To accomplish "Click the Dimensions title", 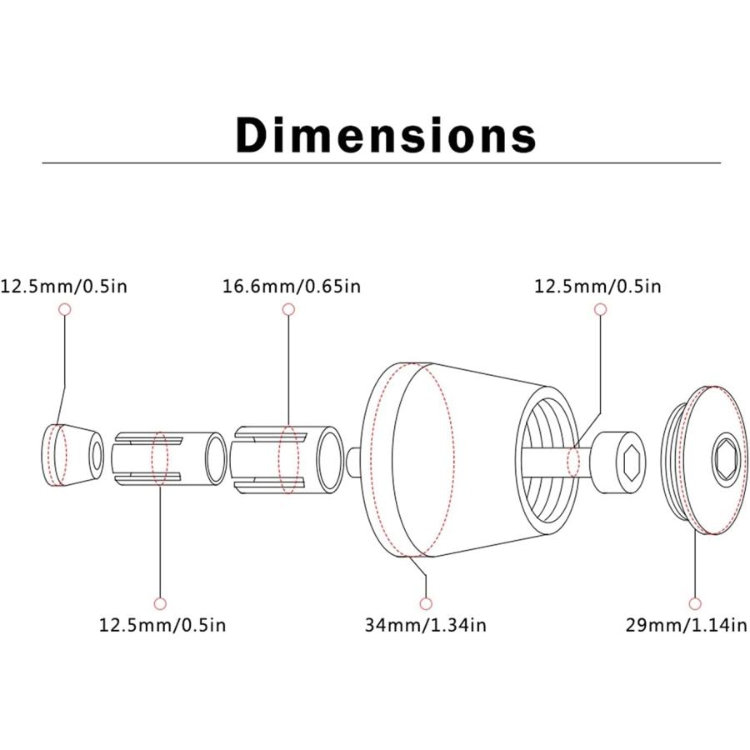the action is click(x=386, y=135).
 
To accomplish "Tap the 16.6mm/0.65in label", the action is click(x=292, y=286).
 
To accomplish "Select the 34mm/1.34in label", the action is click(x=425, y=625).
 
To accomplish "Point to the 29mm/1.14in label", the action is click(x=686, y=625).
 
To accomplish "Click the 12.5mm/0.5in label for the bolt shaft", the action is click(x=597, y=286).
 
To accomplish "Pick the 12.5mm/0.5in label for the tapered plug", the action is click(x=64, y=286).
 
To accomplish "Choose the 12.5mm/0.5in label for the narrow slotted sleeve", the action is click(x=162, y=625).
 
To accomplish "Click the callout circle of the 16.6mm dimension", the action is click(x=288, y=309).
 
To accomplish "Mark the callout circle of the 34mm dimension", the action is click(x=426, y=603).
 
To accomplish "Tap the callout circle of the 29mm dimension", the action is click(x=695, y=603).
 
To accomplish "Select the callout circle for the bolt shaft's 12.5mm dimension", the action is click(x=601, y=309).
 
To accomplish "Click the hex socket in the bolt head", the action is click(x=632, y=462).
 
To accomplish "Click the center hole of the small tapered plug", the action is click(x=97, y=456).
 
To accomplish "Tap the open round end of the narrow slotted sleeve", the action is click(x=216, y=458).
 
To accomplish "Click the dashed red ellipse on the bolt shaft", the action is click(x=573, y=462).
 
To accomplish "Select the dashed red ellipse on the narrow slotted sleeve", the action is click(x=160, y=458).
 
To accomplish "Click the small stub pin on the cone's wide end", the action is click(x=353, y=462).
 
